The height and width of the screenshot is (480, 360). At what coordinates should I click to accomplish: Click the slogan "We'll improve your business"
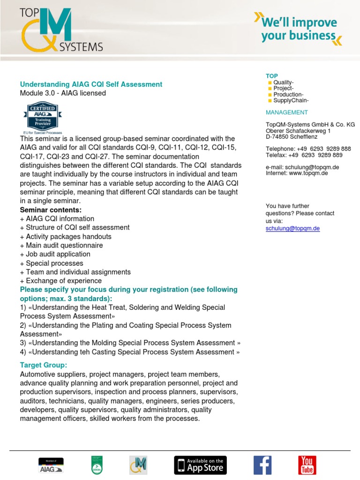pos(299,29)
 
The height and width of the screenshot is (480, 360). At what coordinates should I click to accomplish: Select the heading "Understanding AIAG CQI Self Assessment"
pos(91,84)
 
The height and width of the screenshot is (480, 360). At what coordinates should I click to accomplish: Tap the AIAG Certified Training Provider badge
pos(43,117)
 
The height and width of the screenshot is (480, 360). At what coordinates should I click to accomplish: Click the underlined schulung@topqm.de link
pos(292,228)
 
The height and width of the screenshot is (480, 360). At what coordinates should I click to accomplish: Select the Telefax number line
pos(304,155)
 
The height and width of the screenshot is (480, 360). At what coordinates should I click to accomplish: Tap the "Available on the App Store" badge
pos(200,465)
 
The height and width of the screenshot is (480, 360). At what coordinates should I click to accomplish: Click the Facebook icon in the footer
pos(262,465)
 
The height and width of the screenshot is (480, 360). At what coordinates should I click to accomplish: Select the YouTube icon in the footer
pos(307,465)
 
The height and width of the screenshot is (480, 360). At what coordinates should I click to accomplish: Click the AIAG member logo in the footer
pos(51,465)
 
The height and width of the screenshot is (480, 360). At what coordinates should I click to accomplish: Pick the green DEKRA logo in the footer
pos(97,465)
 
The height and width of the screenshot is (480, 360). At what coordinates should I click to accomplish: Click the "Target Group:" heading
pos(44,365)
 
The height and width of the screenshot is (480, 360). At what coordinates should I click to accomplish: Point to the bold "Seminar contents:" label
pos(51,210)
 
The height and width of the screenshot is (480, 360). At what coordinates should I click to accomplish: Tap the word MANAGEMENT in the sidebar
pos(286,112)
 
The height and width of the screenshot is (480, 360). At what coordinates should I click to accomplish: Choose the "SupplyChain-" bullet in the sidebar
pos(291,100)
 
